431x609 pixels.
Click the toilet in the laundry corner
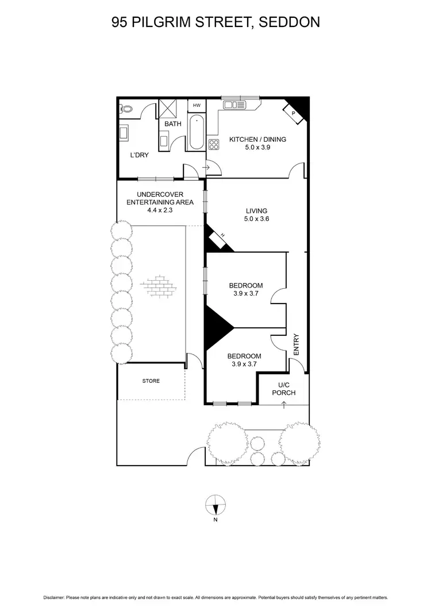tap(125, 108)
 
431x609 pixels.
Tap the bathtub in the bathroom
tap(197, 132)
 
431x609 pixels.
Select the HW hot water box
tap(197, 106)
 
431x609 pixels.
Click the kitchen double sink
tap(236, 104)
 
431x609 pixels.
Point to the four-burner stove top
tap(214, 145)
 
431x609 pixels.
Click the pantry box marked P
tap(294, 114)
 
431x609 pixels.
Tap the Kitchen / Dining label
tap(257, 139)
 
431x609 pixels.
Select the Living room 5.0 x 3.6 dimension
tap(257, 219)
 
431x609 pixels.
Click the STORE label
tap(151, 381)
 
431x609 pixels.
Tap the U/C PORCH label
tap(284, 389)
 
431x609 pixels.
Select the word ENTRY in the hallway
tap(297, 345)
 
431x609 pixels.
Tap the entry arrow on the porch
tap(284, 405)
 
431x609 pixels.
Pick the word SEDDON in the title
tap(290, 22)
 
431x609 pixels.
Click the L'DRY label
tap(139, 156)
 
